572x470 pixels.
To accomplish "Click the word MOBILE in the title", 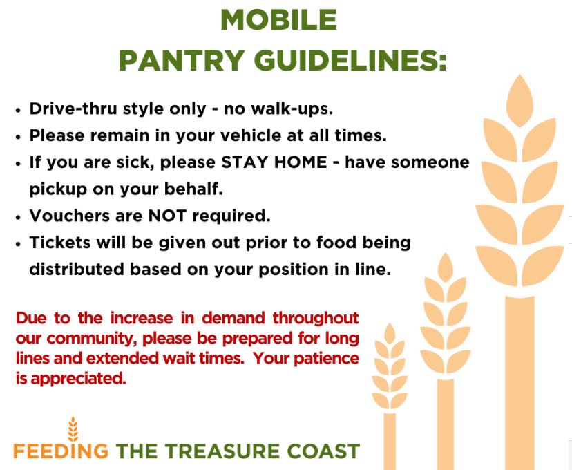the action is (x=278, y=20).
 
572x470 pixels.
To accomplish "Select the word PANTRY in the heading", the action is (x=182, y=60).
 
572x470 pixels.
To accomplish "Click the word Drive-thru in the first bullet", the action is (x=74, y=109).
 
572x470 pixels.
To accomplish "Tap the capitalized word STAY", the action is (x=245, y=162).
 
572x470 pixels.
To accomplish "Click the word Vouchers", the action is (x=69, y=216).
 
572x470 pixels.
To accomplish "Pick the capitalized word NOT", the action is (x=167, y=216).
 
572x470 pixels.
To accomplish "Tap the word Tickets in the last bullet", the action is (x=60, y=243).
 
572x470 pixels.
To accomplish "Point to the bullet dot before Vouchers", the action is (x=19, y=217).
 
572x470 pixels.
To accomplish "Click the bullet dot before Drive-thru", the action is (x=19, y=110).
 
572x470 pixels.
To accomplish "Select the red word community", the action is (x=93, y=339).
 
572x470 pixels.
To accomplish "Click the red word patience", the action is (x=327, y=358).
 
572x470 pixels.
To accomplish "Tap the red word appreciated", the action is (x=79, y=379).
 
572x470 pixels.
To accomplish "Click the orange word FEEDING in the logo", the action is (x=61, y=451).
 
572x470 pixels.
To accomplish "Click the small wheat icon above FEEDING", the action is (x=73, y=429).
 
